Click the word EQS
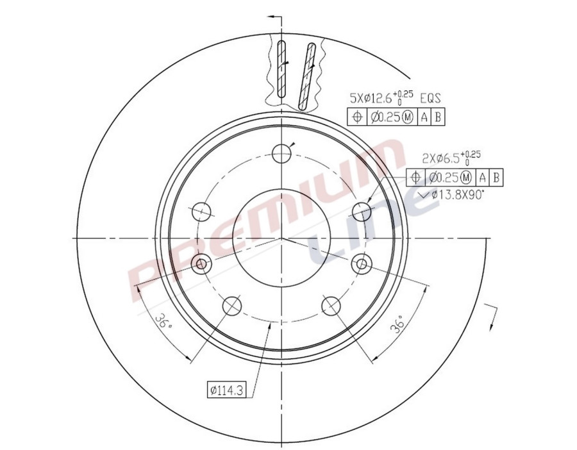point(431,98)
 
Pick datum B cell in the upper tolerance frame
point(438,117)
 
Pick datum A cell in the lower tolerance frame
point(483,178)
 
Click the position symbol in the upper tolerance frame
point(356,117)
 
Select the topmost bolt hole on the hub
point(281,153)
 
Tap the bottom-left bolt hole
point(232,306)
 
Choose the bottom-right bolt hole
point(331,306)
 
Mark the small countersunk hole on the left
point(202,263)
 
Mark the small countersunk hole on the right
point(362,263)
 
